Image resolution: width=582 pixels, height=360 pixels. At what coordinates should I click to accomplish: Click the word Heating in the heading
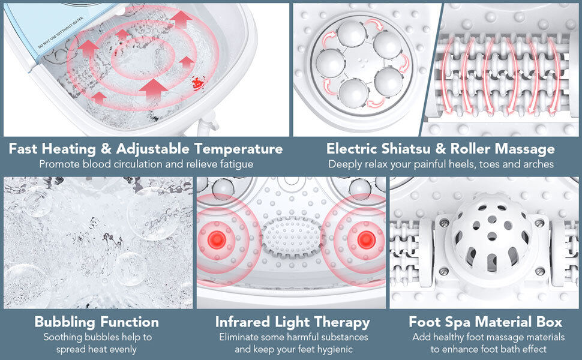(68, 149)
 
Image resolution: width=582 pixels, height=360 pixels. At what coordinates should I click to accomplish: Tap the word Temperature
(238, 149)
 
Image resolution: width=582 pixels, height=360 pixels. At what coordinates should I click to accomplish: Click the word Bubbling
(65, 322)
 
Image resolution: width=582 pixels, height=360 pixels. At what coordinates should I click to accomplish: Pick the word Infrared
(242, 322)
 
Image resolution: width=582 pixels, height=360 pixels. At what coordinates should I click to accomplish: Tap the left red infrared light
(217, 239)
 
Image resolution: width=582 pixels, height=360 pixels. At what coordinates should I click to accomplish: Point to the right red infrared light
(366, 239)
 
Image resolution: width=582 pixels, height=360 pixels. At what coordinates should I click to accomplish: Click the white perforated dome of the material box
(491, 237)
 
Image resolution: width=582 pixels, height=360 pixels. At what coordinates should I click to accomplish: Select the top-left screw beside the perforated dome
(444, 224)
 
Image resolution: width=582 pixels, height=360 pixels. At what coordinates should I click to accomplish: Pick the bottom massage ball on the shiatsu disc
(353, 93)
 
